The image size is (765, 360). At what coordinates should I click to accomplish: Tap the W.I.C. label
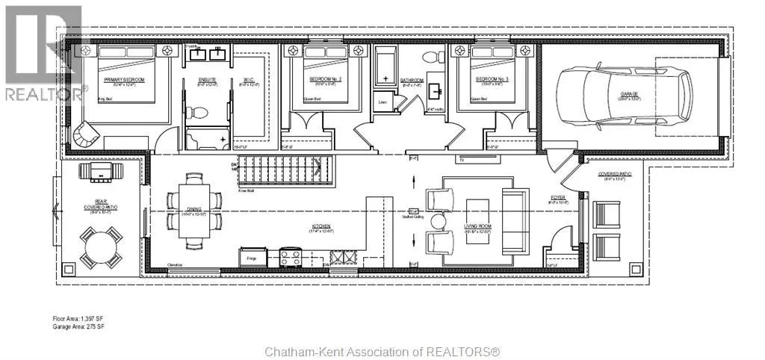tap(250, 79)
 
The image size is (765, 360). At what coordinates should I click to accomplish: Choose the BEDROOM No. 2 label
tap(325, 78)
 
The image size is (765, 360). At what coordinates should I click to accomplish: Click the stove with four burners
tap(290, 258)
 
